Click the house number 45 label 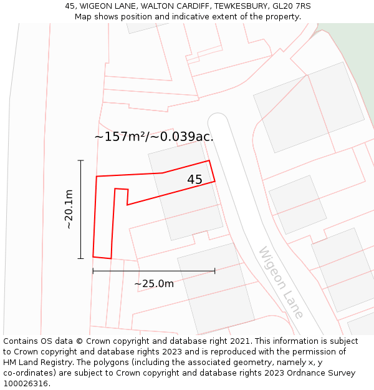pyautogui.click(x=194, y=180)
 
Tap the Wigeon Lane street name pyautogui.click(x=281, y=283)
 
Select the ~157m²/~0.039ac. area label pyautogui.click(x=154, y=137)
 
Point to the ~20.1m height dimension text pyautogui.click(x=69, y=209)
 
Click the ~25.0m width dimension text pyautogui.click(x=154, y=284)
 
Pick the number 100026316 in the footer pyautogui.click(x=26, y=384)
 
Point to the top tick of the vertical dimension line pyautogui.click(x=80, y=160)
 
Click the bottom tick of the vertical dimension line pyautogui.click(x=80, y=258)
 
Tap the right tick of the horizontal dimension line pyautogui.click(x=214, y=271)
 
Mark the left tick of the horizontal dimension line pyautogui.click(x=93, y=271)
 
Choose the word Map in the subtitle pyautogui.click(x=84, y=17)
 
